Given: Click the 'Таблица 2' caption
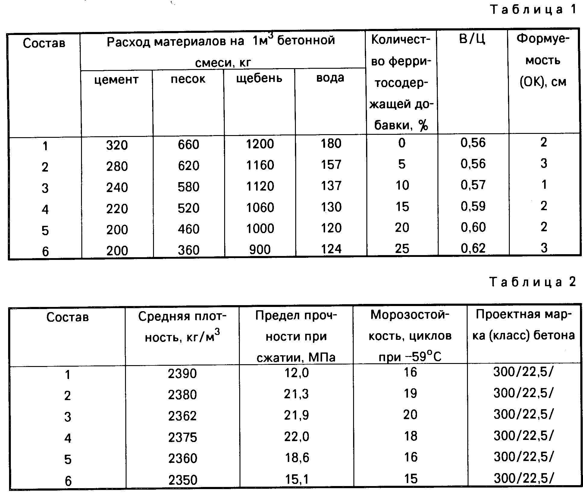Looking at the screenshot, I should point(533,282).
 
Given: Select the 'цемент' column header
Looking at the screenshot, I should point(116,80).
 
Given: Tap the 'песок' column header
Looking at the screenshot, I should point(188,79).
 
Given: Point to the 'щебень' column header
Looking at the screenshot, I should point(259,78).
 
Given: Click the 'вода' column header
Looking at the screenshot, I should point(330,77).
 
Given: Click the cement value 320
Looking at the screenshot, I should point(117,145).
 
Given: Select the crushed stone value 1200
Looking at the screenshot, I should point(260,144).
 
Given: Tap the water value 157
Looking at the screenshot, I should point(331,165).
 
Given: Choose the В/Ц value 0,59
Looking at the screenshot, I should point(473,206).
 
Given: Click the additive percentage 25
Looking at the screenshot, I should point(402,248).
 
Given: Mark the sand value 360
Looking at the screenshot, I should point(189,250).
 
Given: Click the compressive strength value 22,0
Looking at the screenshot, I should point(296,437).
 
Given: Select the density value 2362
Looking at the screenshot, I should point(182,416).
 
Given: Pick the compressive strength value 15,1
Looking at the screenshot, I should point(297,479).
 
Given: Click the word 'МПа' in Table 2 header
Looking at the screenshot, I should point(322,358).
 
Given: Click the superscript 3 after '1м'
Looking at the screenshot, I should point(271,36).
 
